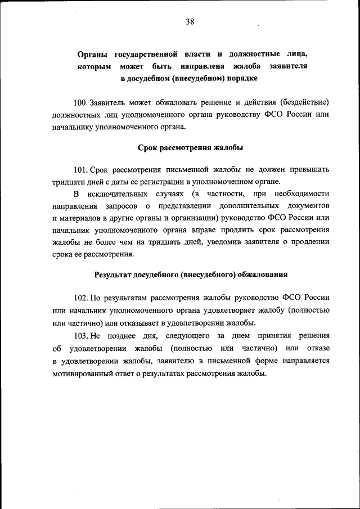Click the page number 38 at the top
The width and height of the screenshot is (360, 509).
click(190, 22)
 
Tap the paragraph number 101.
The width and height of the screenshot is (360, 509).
click(81, 169)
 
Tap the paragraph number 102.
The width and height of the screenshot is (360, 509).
click(81, 298)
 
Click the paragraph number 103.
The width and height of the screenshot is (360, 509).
click(81, 336)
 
